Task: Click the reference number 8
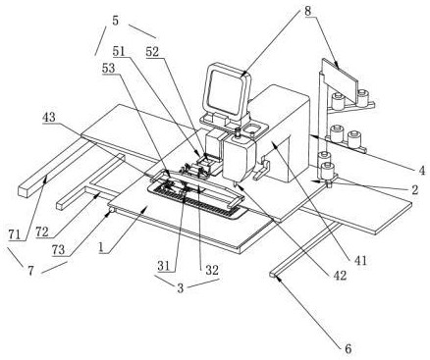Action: click(x=308, y=11)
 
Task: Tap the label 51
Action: click(x=120, y=51)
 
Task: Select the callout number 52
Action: click(x=152, y=52)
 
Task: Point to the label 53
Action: click(x=109, y=69)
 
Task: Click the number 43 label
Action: click(x=49, y=117)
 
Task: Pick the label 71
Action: click(x=16, y=234)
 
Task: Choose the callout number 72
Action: click(x=42, y=231)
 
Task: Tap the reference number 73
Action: click(x=58, y=250)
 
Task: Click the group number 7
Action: click(x=30, y=271)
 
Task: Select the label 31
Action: click(x=164, y=266)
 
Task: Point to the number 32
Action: click(x=212, y=270)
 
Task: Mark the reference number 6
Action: click(x=349, y=348)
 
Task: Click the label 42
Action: click(x=340, y=276)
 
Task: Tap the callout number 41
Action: click(x=360, y=260)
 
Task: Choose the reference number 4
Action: click(x=422, y=170)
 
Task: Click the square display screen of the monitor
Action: click(x=226, y=89)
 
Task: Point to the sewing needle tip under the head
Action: click(x=235, y=185)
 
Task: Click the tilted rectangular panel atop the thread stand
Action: click(x=340, y=79)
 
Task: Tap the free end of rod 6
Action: click(x=273, y=275)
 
